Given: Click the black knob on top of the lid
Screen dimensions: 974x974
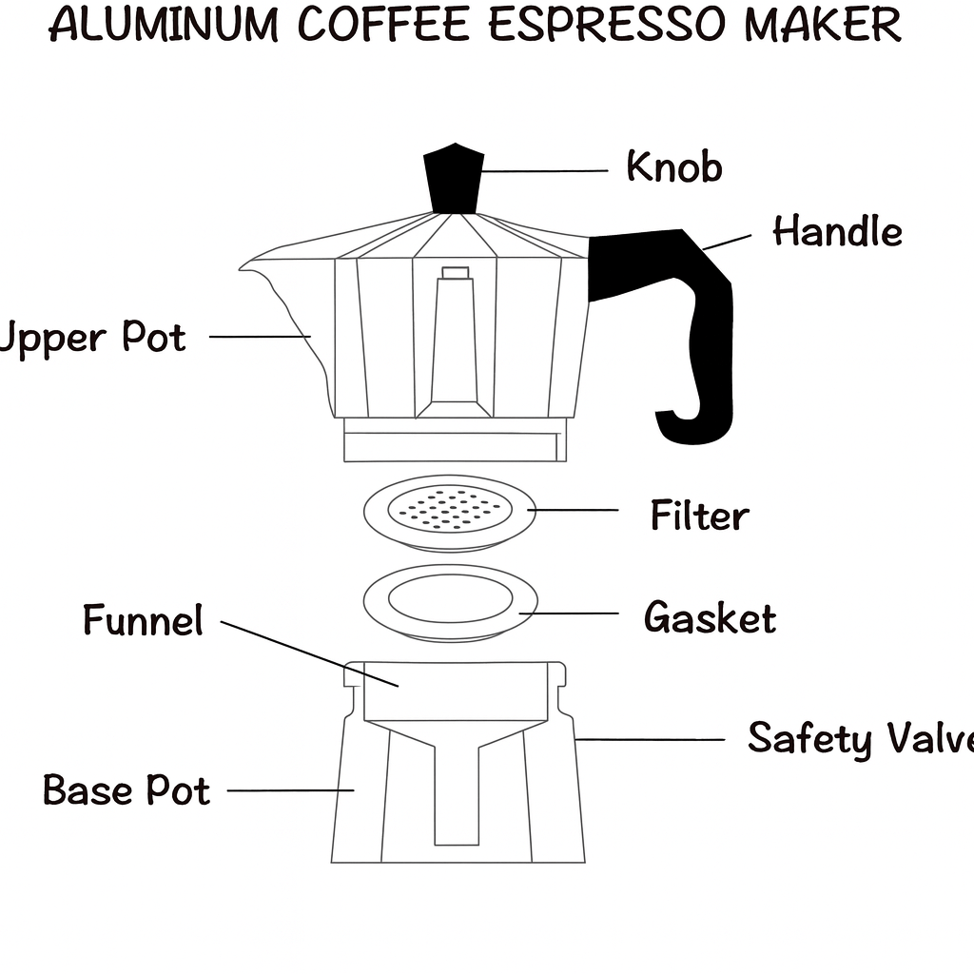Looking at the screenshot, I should coord(454,179).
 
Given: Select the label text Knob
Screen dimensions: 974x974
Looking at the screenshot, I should coord(674,167).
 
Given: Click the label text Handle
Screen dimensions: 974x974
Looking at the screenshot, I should coord(837,232).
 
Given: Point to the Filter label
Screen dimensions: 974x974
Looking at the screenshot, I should coord(699,516).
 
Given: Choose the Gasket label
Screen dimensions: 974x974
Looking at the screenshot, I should coord(710,617).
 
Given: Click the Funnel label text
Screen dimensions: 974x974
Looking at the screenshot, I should coord(143,620).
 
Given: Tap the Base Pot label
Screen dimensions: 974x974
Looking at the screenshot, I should coord(127,790).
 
